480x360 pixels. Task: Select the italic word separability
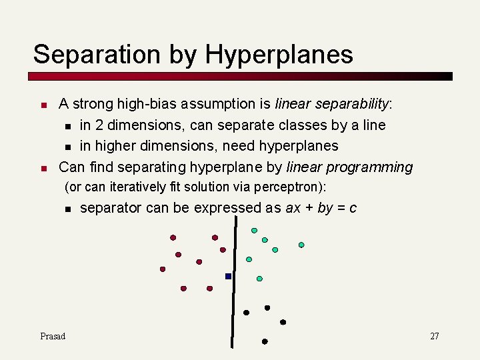coord(351,104)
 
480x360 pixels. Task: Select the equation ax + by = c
coord(321,208)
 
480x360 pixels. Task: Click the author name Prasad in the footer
coord(53,336)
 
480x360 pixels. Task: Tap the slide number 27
coord(434,336)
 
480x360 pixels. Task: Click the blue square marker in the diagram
coord(228,276)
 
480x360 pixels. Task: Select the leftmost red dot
coord(162,269)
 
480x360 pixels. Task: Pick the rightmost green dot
coord(301,245)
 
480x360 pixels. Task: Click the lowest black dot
coord(265,341)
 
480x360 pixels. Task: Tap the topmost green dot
coord(254,231)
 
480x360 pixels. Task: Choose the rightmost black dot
coord(283,322)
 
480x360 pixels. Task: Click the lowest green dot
coord(259,279)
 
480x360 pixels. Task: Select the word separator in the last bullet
coord(110,208)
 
